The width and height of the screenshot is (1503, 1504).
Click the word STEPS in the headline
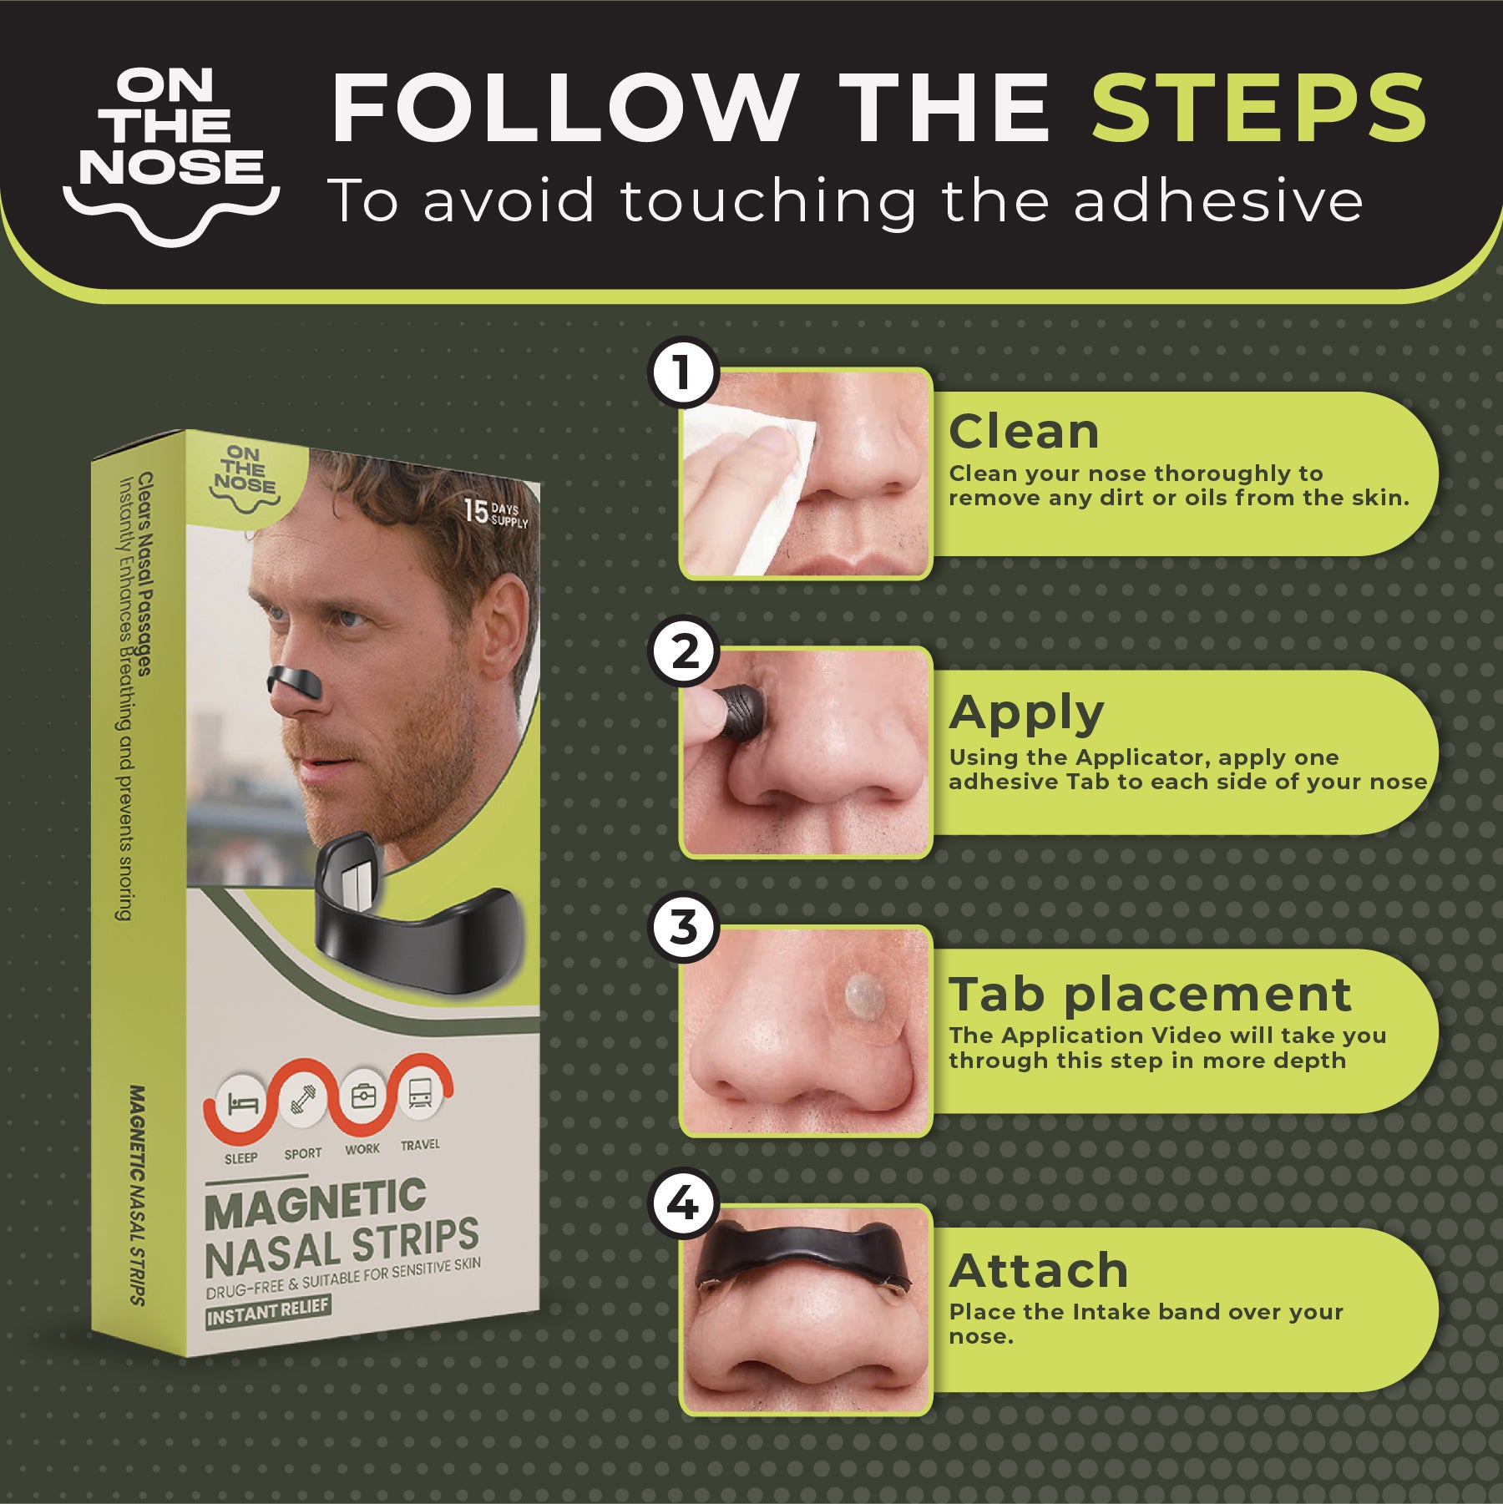pyautogui.click(x=1259, y=109)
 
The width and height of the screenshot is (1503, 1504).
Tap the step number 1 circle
pyautogui.click(x=684, y=372)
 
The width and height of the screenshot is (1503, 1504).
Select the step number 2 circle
pyautogui.click(x=684, y=651)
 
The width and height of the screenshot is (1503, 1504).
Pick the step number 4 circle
pyautogui.click(x=684, y=1203)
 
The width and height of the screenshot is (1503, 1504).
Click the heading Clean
pyautogui.click(x=1024, y=432)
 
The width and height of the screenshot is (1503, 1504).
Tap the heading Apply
pyautogui.click(x=1026, y=714)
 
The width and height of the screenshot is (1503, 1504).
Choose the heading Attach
pyautogui.click(x=1038, y=1270)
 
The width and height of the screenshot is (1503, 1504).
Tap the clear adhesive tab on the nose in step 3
pyautogui.click(x=866, y=996)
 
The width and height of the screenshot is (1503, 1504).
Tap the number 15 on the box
pyautogui.click(x=476, y=511)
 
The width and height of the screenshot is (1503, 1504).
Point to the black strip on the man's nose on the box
pyautogui.click(x=296, y=681)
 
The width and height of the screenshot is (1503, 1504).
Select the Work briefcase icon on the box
pyautogui.click(x=363, y=1096)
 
